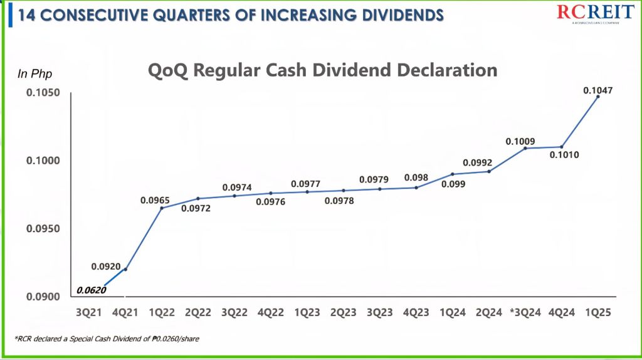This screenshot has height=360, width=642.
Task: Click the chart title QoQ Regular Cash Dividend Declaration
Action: coord(322,70)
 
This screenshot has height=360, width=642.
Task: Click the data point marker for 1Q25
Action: coord(597,97)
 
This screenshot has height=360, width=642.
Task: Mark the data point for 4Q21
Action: coord(126,269)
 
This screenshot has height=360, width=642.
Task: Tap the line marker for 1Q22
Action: coord(162,208)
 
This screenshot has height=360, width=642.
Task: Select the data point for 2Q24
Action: coord(489,171)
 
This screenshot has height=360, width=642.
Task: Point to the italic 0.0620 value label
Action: coord(91,290)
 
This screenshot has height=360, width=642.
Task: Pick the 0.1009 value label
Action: coord(520,141)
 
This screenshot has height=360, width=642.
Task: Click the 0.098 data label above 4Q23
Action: coord(416,177)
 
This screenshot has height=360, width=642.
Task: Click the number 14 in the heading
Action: coord(26,14)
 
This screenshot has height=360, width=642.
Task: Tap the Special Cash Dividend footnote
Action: coord(107,339)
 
